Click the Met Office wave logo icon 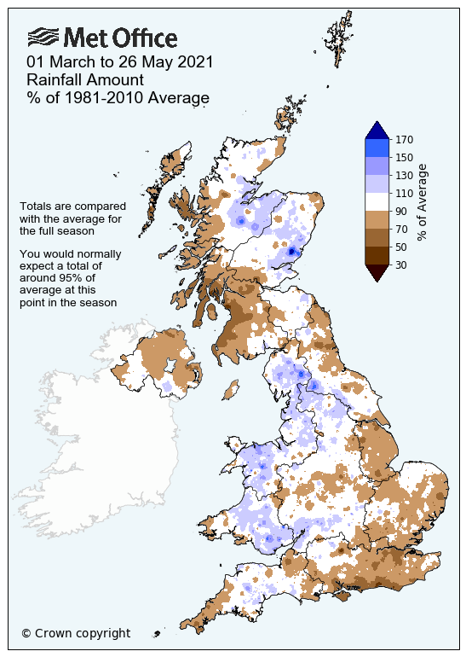(x=44, y=38)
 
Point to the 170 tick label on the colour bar (x=405, y=139)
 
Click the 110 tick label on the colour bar (x=405, y=193)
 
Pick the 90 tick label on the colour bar (x=401, y=211)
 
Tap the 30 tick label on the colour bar (x=401, y=265)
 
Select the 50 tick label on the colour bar (x=401, y=247)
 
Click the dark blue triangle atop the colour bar (x=377, y=131)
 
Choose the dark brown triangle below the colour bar (x=377, y=272)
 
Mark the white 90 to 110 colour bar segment (x=377, y=201)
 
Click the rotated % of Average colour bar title (x=423, y=201)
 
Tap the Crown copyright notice (x=76, y=633)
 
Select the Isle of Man (x=227, y=391)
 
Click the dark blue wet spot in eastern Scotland (x=292, y=252)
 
